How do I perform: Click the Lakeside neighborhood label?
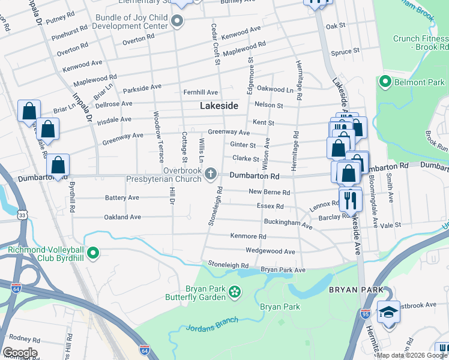point(218,106)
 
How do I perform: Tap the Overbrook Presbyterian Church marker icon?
point(210,174)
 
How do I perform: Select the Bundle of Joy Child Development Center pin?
point(176,22)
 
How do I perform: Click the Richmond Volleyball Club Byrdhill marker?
point(92,253)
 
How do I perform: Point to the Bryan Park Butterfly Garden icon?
point(235,292)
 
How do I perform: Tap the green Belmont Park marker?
point(384,82)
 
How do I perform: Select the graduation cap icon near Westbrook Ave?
point(388,313)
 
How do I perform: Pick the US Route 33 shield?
point(22,214)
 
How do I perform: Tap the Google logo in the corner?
point(20,353)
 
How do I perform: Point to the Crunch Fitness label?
point(420,42)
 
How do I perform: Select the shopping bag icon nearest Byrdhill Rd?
point(58,166)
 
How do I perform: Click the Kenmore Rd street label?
point(247,236)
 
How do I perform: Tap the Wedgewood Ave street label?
point(270,251)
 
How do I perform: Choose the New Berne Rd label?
point(270,193)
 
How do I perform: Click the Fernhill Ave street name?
point(200,92)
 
